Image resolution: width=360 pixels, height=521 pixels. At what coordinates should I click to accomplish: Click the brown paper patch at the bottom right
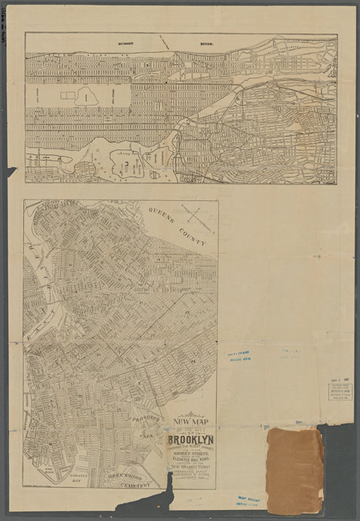[x=294, y=470]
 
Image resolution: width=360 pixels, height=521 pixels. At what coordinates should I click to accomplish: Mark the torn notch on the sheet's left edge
[x=11, y=171]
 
